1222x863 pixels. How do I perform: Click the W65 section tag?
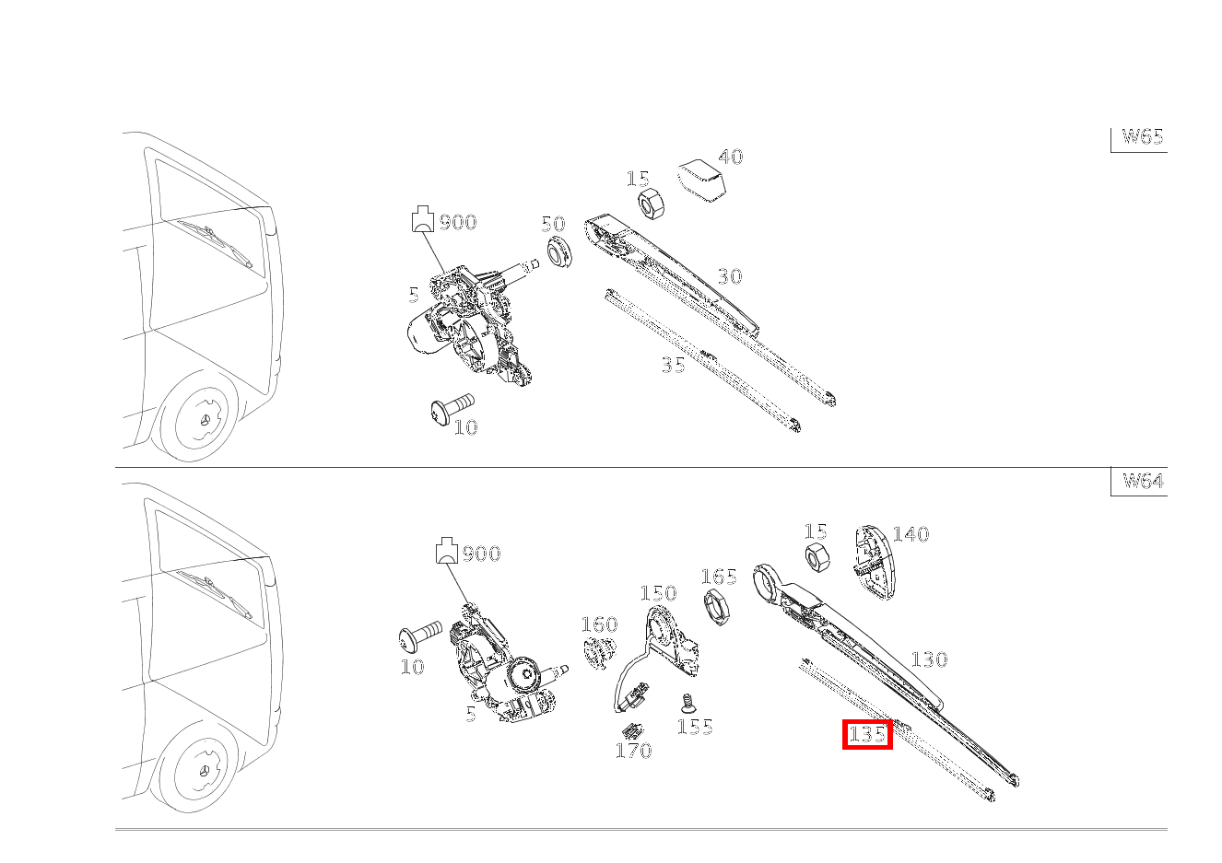(1143, 136)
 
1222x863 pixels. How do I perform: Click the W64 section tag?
(1143, 481)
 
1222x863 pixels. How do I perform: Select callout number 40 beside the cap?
(731, 157)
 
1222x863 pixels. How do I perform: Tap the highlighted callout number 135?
(867, 734)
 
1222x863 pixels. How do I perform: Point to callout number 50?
(553, 224)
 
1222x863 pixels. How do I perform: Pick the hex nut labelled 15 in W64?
(818, 557)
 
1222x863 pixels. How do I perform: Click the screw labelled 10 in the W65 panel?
(452, 409)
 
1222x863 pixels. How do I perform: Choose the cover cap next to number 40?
(701, 181)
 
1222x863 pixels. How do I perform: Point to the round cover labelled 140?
(873, 563)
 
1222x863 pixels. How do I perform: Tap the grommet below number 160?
(599, 651)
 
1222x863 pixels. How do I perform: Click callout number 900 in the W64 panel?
(482, 554)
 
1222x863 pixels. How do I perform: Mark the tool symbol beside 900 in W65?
(422, 218)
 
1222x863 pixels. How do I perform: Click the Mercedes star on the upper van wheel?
(206, 421)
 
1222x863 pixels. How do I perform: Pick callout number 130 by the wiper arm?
(930, 660)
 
